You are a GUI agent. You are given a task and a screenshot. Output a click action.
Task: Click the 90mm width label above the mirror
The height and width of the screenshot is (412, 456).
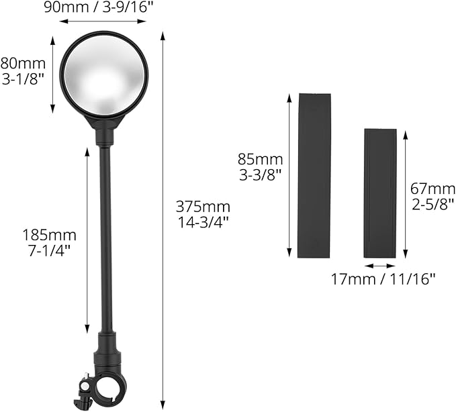click(99, 7)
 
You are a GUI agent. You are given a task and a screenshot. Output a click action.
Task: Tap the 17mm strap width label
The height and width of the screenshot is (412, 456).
click(383, 280)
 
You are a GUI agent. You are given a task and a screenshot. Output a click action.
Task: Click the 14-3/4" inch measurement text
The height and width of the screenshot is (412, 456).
click(203, 223)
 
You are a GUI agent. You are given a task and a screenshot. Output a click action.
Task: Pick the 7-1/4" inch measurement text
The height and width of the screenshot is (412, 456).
click(50, 251)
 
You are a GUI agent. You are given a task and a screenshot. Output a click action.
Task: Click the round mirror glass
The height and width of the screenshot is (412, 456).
click(104, 74)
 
